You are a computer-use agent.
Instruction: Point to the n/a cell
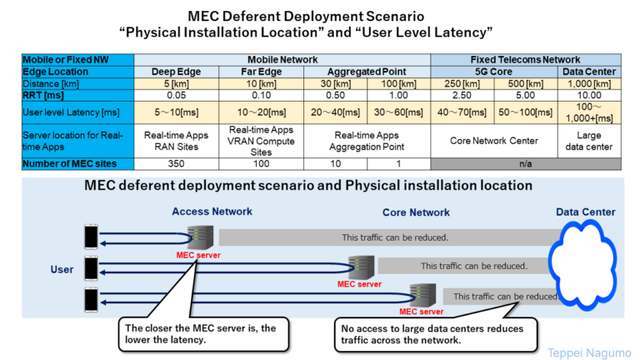[x=525, y=163]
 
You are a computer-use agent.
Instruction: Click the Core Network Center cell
[x=494, y=141]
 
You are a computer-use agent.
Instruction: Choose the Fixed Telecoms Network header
[x=525, y=60]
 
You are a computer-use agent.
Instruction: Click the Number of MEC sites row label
[x=77, y=163]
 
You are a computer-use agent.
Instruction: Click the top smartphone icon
[x=89, y=237]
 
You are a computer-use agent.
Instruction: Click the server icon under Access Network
[x=198, y=236]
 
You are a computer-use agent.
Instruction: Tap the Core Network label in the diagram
[x=416, y=212]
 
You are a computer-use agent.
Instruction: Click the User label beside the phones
[x=62, y=270]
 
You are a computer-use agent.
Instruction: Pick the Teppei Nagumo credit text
[x=590, y=352]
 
